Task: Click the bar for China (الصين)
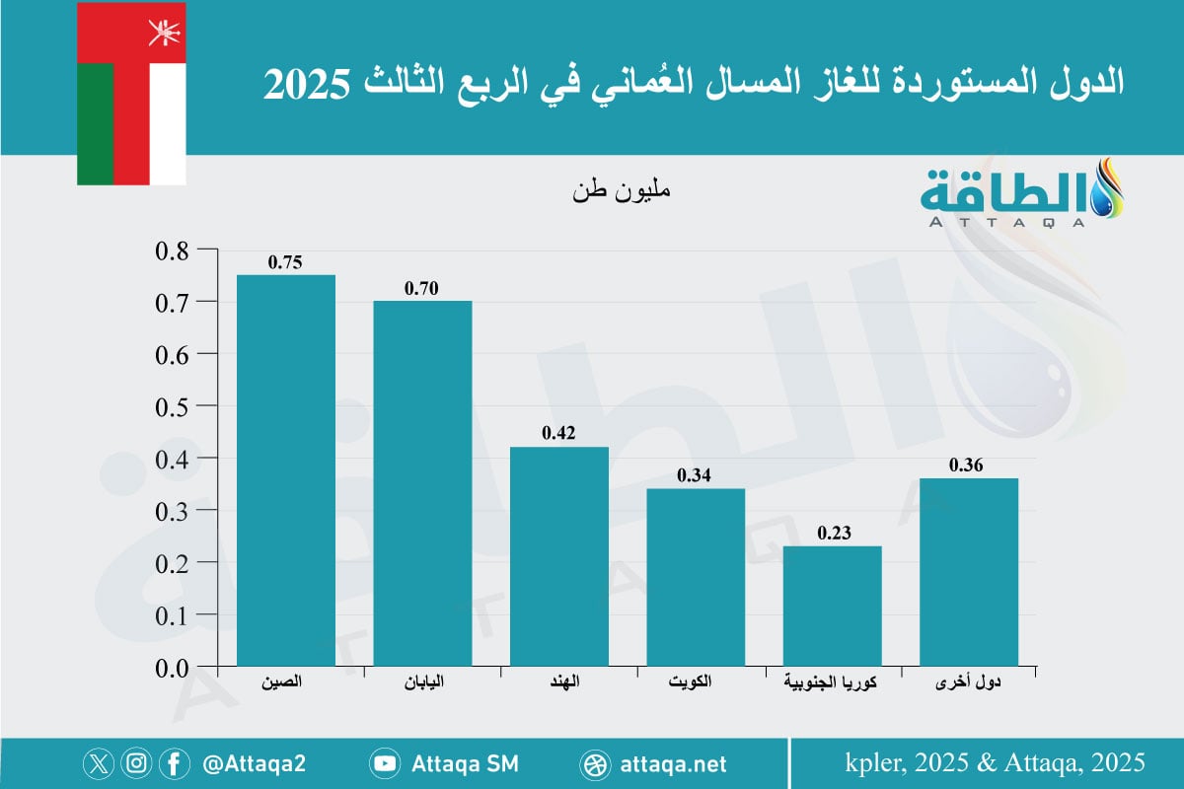(x=286, y=470)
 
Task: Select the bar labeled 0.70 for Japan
(x=422, y=483)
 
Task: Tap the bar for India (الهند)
(x=559, y=556)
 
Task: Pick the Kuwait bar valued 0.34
(x=696, y=577)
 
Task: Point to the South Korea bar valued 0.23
(x=832, y=606)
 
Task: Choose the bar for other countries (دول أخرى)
(x=968, y=572)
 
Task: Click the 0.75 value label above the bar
(x=285, y=262)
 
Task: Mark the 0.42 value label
(x=558, y=434)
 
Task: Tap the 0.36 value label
(x=968, y=466)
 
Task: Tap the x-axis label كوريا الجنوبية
(x=832, y=682)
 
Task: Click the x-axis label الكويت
(x=696, y=682)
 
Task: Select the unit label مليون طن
(x=622, y=188)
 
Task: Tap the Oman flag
(x=131, y=95)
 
